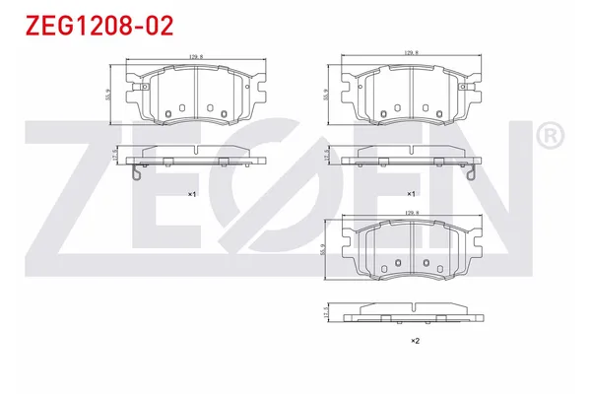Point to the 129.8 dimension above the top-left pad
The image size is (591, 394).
[193, 57]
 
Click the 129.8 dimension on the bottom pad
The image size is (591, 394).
[412, 211]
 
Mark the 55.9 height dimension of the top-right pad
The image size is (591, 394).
[326, 95]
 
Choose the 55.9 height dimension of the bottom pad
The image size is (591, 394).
[326, 250]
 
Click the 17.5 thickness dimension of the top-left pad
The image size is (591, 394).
[115, 155]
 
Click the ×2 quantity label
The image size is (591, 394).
[415, 341]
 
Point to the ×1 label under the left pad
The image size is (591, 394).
[193, 194]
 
